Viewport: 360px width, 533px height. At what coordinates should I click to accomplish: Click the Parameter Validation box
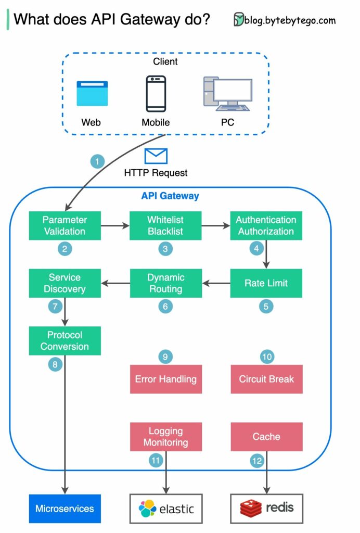65,225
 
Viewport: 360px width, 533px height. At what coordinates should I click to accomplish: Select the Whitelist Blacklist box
165,225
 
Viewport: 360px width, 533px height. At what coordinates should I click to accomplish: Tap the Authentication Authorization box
266,225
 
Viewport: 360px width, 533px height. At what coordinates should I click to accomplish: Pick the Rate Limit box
266,283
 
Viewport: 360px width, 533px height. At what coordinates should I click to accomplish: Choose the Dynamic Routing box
165,283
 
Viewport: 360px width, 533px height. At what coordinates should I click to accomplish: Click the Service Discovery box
65,283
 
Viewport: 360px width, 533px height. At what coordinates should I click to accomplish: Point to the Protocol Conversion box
65,341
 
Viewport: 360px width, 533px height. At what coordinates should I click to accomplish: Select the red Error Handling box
165,379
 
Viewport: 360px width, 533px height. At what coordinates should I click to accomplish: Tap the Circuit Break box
266,379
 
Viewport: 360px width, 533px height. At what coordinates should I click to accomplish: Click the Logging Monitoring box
165,437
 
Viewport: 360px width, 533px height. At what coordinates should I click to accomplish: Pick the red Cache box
266,437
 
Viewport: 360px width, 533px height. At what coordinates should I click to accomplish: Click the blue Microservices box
65,508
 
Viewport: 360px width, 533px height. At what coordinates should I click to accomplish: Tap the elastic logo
165,508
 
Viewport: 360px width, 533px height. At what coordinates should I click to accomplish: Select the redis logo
266,508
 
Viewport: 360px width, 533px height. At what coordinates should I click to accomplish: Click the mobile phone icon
156,94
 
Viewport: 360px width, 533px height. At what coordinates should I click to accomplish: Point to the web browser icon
92,94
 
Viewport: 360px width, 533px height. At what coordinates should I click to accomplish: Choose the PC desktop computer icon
227,94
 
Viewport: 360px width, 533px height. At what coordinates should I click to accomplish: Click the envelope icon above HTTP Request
156,156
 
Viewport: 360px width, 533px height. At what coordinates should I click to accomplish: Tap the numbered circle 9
165,357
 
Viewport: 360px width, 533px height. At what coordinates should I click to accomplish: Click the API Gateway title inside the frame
170,196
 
